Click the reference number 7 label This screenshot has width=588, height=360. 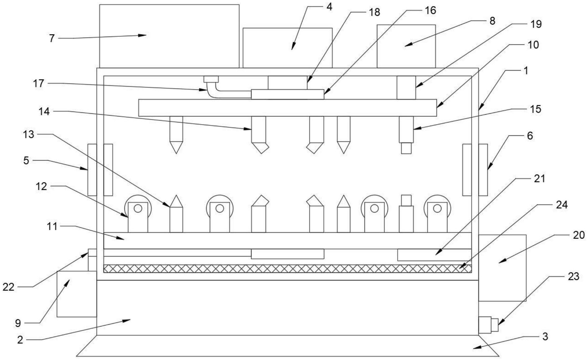click(52, 39)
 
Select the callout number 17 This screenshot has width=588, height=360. click(38, 84)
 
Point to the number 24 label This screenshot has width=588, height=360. click(562, 205)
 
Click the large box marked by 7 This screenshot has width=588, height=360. click(169, 36)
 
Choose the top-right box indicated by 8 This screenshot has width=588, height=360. click(406, 46)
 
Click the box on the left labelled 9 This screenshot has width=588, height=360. click(77, 294)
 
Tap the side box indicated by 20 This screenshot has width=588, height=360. click(502, 268)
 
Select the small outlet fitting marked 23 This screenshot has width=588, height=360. click(488, 325)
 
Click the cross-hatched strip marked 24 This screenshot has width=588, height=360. click(287, 269)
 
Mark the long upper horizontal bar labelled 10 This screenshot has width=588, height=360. click(287, 108)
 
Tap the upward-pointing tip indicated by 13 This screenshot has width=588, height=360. click(176, 201)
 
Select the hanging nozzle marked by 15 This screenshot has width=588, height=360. click(406, 134)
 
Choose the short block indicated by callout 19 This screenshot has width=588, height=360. click(406, 88)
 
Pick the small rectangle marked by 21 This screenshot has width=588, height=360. click(434, 255)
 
